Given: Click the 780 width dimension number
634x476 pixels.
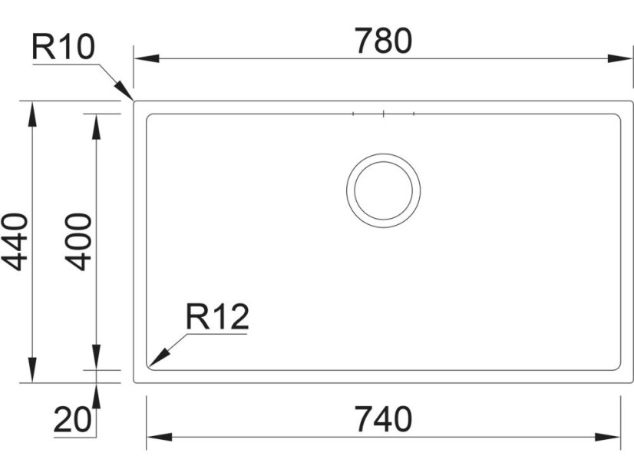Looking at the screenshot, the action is tap(384, 41).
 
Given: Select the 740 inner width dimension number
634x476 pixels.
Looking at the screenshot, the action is tap(383, 420).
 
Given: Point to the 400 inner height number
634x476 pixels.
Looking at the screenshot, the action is tap(78, 241).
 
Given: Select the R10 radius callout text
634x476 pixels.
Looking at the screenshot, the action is tap(63, 47).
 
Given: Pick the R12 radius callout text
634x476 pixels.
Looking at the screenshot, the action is tap(217, 317).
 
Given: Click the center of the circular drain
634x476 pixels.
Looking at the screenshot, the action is tap(383, 190).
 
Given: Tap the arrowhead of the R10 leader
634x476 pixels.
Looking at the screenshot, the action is tap(124, 91).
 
